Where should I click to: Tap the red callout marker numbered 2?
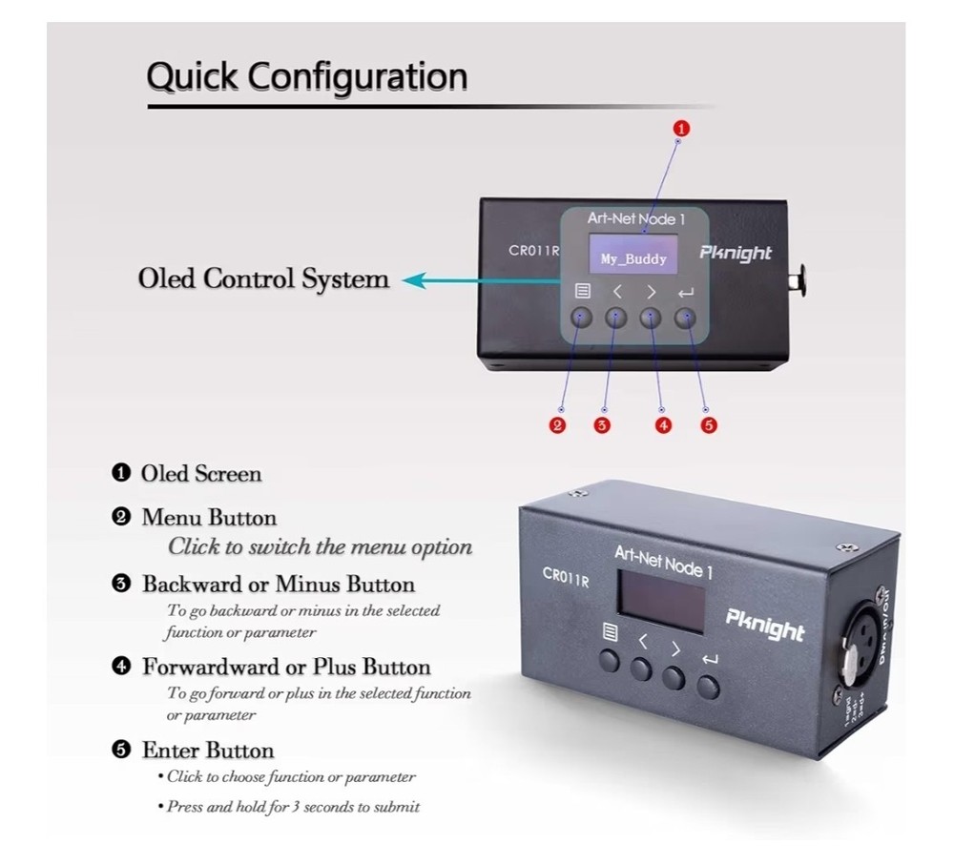[x=559, y=425]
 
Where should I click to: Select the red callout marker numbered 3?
[x=602, y=425]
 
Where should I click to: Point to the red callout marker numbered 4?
[x=664, y=425]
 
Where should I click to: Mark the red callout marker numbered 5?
[x=708, y=425]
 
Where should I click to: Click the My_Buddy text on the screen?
[x=633, y=258]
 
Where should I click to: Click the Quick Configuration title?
[x=307, y=76]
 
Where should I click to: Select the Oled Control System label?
[x=263, y=279]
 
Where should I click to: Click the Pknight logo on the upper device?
[x=736, y=253]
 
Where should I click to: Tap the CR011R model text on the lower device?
[x=564, y=575]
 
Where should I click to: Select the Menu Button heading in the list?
[x=209, y=518]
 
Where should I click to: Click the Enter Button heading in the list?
[x=208, y=750]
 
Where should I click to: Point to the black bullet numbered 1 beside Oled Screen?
[x=120, y=473]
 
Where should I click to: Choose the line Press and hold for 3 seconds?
[x=293, y=807]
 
